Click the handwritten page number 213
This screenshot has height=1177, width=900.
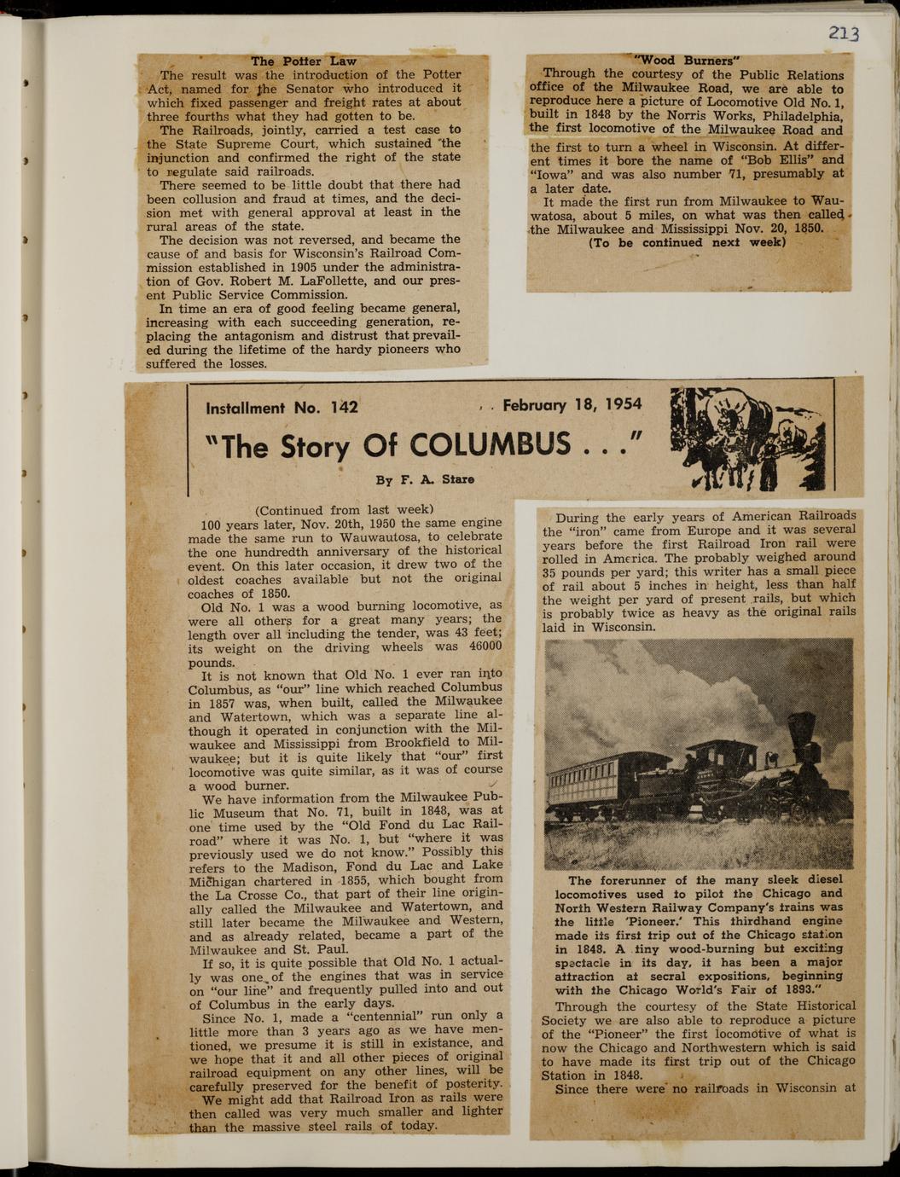843,33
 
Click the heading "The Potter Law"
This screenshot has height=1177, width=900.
303,61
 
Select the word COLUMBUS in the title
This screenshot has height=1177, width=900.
490,444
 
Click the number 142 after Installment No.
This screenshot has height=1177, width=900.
344,408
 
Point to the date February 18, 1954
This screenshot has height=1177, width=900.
572,405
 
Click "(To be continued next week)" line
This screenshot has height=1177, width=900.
687,242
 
